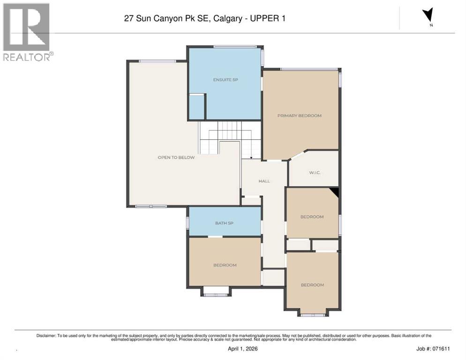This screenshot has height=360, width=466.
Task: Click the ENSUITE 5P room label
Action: [x=225, y=80]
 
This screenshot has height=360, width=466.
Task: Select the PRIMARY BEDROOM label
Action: [x=299, y=116]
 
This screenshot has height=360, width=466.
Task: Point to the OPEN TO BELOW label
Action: [x=176, y=157]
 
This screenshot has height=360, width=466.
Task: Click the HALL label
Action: [x=264, y=181]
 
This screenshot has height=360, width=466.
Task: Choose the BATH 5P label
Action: [x=224, y=223]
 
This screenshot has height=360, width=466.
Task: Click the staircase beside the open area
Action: [x=228, y=136]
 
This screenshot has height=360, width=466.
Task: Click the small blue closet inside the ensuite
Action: [x=196, y=107]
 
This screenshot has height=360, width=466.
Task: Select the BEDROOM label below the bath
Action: [x=225, y=265]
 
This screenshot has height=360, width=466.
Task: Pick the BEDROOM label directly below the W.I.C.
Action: [x=312, y=217]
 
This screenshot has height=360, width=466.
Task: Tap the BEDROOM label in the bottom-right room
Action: [x=312, y=285]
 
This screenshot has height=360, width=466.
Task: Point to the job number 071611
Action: [x=430, y=349]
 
